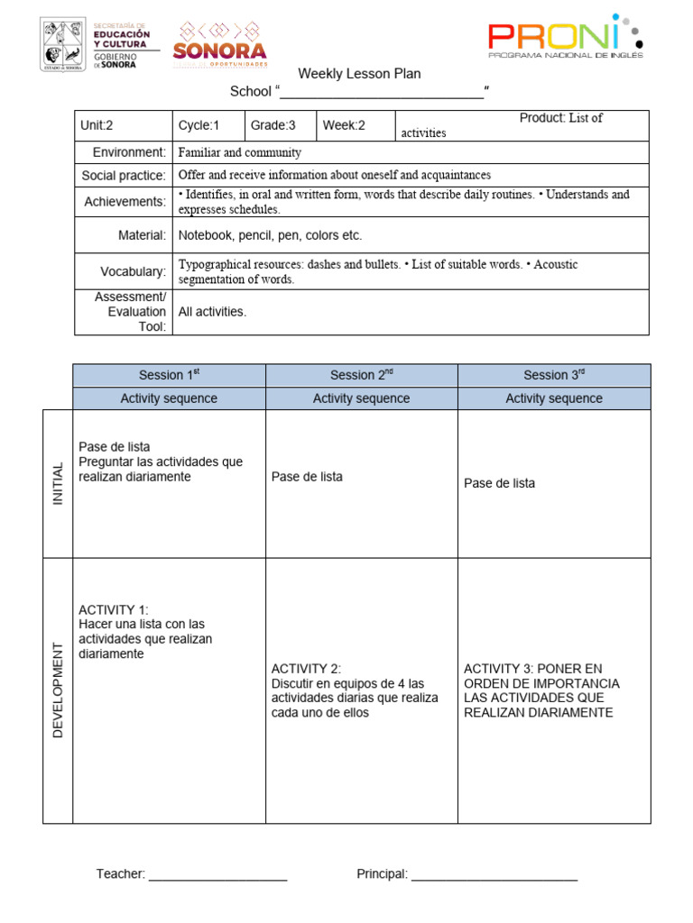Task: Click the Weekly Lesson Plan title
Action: coord(359,74)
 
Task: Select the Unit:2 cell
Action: coord(124,125)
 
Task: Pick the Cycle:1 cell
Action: coord(208,125)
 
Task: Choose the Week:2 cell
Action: coord(355,125)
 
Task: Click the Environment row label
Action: coord(129,152)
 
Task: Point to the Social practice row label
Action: coord(124,175)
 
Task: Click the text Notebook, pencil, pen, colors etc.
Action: coord(270,235)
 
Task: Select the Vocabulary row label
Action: coord(133,271)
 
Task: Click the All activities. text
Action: coord(212,312)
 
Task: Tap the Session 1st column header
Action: coord(169,375)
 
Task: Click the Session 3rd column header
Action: coord(553,375)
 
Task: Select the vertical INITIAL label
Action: coord(58,483)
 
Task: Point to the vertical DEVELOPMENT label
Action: coord(58,690)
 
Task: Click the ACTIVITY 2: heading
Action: coord(306,668)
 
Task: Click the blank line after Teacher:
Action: coord(217,874)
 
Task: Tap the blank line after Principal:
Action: coord(494,874)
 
